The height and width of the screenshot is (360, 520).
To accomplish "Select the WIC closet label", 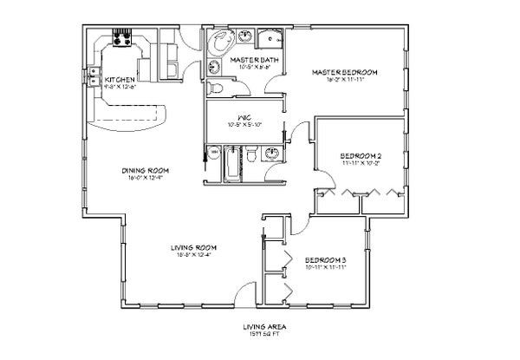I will tap(244, 120).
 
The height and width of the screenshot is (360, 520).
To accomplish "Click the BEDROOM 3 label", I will tap(325, 259).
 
